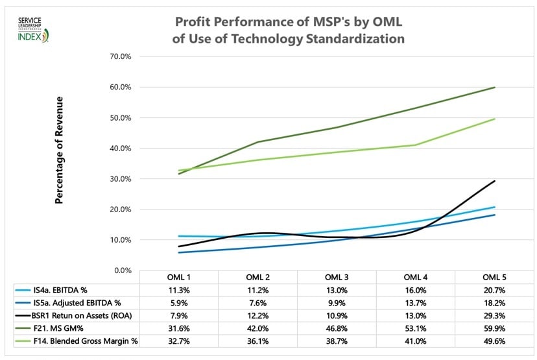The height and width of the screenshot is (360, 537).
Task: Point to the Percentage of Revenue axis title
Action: tap(60, 150)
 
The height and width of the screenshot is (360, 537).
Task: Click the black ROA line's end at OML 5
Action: tap(495, 181)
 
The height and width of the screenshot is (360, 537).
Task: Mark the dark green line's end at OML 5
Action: tap(495, 88)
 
